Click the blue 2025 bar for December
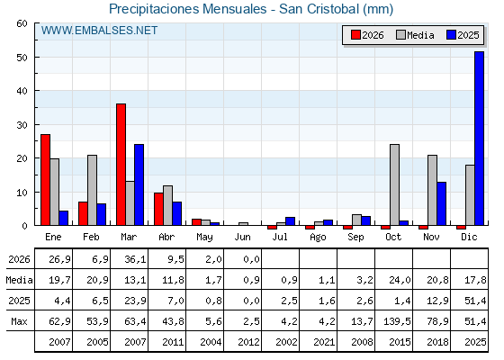pos(479,139)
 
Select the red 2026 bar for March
pos(121,165)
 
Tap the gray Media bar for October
pos(394,184)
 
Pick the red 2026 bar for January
pos(45,180)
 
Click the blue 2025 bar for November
pos(441,203)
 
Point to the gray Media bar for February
pos(92,190)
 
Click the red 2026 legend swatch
pos(355,35)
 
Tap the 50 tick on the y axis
pos(22,58)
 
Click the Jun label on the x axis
pos(242,237)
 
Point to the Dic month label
pos(469,237)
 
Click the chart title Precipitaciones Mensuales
pos(188,9)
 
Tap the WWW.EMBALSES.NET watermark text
pos(99,31)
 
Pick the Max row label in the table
pos(19,321)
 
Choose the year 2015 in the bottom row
pos(400,342)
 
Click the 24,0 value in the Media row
pos(400,280)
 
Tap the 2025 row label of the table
pos(19,301)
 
